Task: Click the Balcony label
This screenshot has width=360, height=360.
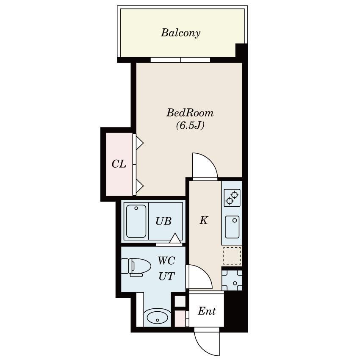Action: pos(180,33)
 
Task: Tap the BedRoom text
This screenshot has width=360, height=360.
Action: pos(190,113)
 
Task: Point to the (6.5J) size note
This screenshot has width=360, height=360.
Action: pos(190,125)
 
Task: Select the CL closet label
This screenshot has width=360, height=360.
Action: pos(119,164)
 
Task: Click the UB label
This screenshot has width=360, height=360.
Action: pos(163,221)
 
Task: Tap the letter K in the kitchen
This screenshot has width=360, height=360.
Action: pos(204,220)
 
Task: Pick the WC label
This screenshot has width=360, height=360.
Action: pos(166,260)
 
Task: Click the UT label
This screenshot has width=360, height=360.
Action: pos(167,276)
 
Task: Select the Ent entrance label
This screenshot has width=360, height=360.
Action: pos(207,311)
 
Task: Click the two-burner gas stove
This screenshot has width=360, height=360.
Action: pos(232,198)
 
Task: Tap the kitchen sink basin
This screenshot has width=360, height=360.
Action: pos(232,227)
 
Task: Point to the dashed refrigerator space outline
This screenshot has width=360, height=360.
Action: pos(232,255)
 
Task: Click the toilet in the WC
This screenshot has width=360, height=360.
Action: pos(136,266)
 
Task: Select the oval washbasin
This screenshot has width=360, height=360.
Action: pos(157,318)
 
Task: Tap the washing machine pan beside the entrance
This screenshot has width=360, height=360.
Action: pos(232,280)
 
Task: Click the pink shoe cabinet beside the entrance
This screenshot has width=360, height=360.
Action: pos(180,318)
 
